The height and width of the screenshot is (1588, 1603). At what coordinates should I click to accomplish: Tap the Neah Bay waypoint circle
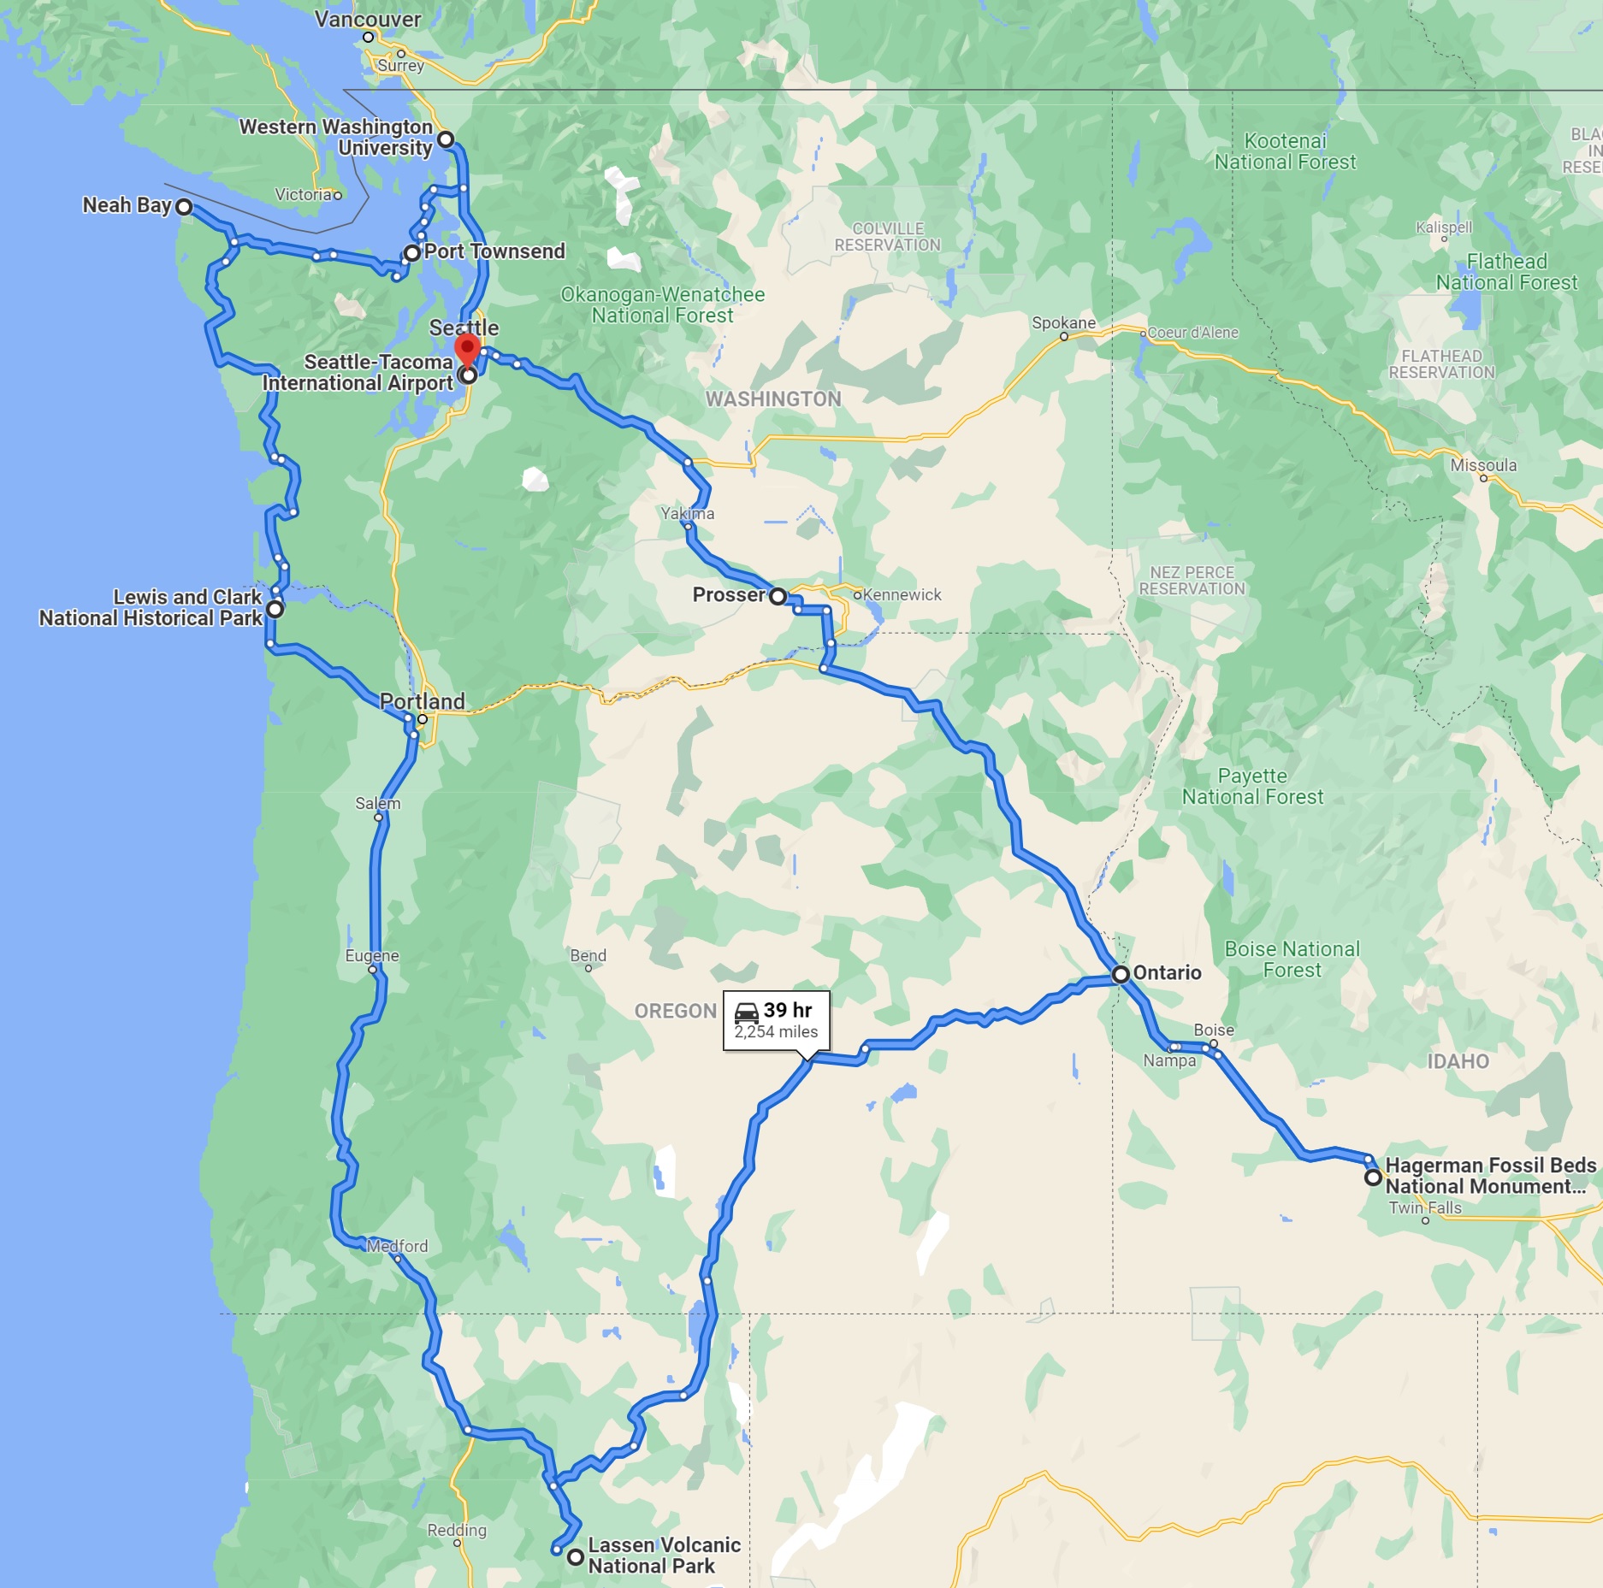click(x=184, y=207)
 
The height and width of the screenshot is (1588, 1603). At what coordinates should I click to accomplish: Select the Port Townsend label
click(x=494, y=251)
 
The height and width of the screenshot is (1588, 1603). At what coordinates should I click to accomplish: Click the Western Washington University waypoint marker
click(x=446, y=139)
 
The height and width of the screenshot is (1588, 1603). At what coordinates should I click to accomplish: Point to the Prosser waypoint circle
click(x=778, y=596)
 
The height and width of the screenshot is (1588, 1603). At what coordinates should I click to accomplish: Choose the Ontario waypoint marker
click(x=1121, y=974)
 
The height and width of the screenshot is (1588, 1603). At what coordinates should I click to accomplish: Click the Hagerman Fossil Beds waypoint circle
click(x=1373, y=1178)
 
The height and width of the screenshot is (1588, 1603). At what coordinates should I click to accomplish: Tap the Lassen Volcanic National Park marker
click(x=576, y=1556)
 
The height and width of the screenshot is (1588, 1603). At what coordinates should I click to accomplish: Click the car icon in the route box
click(x=747, y=1012)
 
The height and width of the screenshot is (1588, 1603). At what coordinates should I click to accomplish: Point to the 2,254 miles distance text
click(x=776, y=1032)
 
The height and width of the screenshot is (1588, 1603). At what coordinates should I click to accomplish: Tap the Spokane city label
click(x=1063, y=322)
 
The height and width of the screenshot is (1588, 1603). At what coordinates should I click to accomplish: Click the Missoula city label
click(x=1483, y=465)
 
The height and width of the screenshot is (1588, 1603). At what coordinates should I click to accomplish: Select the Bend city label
click(x=589, y=955)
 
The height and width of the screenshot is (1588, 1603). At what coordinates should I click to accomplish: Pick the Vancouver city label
click(x=368, y=20)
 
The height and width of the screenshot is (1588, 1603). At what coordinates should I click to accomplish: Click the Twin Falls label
click(x=1425, y=1207)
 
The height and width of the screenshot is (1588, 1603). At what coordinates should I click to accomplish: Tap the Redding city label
click(x=457, y=1530)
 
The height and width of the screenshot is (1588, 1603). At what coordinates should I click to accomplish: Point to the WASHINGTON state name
click(x=773, y=399)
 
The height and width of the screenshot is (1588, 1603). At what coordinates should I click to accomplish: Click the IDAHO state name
click(x=1458, y=1061)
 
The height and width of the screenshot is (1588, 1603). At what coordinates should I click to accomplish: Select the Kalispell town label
click(x=1444, y=227)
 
